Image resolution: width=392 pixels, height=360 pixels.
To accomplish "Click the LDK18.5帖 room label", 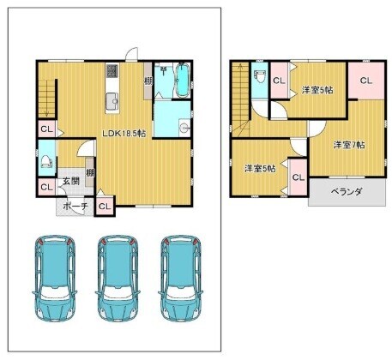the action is point(124,133).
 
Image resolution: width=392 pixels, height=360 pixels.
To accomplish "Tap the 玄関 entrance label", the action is point(71,181).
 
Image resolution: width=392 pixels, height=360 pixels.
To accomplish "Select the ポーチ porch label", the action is point(75,207).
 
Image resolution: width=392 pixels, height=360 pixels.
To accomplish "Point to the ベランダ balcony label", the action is point(347,192).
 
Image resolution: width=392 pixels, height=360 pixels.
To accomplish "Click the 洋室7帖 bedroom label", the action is point(349,145).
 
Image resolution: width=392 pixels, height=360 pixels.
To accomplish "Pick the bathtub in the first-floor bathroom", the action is point(182,81).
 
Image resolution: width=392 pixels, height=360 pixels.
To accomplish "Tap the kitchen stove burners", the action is point(112,71).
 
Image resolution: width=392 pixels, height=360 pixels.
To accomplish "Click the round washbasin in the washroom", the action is point(184,126).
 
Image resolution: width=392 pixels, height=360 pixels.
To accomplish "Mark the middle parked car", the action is point(118,278).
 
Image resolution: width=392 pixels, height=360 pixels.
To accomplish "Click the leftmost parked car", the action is point(55,278).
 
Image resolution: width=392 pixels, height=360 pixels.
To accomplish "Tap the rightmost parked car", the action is point(181,278).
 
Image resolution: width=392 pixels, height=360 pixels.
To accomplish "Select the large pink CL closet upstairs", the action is point(366,81).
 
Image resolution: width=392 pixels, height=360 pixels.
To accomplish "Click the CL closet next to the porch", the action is point(105,206).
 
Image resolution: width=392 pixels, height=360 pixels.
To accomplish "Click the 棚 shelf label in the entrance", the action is point(90,172).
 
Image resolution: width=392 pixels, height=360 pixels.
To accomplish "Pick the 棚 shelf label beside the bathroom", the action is point(148,81).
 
